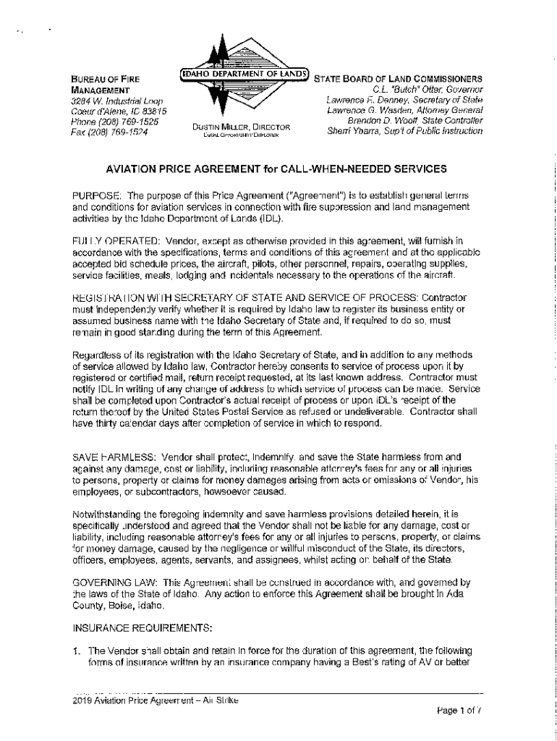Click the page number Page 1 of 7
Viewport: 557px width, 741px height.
pyautogui.click(x=459, y=710)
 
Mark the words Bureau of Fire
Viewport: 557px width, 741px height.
pyautogui.click(x=106, y=79)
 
